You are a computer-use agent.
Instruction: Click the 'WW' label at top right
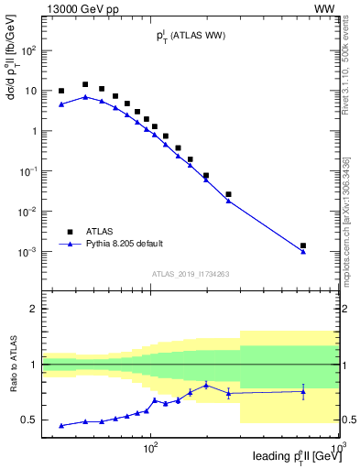click(x=327, y=8)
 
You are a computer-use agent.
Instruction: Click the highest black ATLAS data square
click(x=85, y=84)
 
